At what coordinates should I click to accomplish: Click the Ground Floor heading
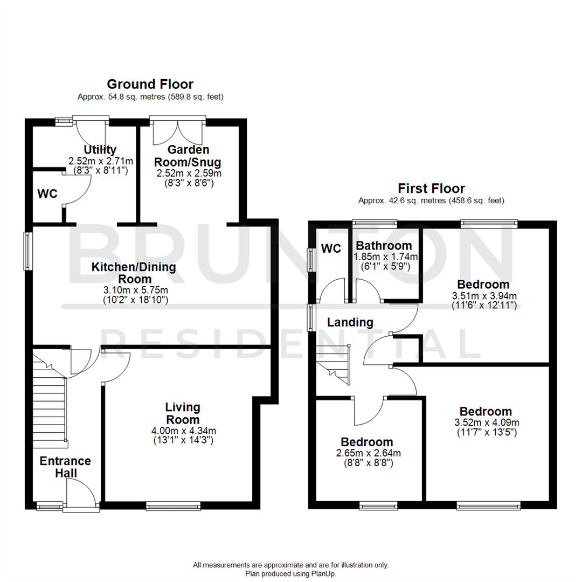click(x=150, y=84)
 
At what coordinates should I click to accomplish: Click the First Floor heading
click(x=431, y=188)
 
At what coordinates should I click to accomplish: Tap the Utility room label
click(x=100, y=149)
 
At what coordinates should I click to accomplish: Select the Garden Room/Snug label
click(x=188, y=155)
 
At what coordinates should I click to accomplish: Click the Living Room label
click(x=183, y=413)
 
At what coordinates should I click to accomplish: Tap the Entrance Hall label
click(x=65, y=467)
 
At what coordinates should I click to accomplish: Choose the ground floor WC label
click(x=47, y=194)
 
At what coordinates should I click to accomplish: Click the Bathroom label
click(x=384, y=246)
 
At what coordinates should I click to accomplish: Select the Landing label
click(x=351, y=322)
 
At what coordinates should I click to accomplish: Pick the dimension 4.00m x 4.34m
click(x=183, y=430)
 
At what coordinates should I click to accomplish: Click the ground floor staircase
click(x=50, y=399)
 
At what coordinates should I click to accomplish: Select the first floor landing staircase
click(x=334, y=366)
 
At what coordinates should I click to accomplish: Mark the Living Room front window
click(x=173, y=505)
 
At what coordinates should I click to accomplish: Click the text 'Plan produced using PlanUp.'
click(x=290, y=574)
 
